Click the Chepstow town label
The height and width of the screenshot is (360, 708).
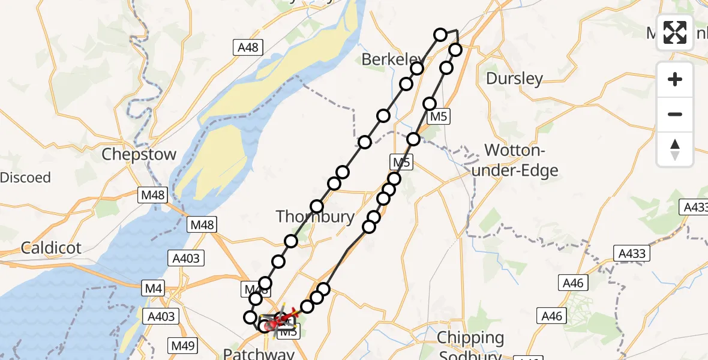pyautogui.click(x=139, y=154)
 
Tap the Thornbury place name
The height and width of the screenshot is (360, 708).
pyautogui.click(x=315, y=217)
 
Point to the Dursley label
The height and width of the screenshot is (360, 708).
pyautogui.click(x=514, y=78)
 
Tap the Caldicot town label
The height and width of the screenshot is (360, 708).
pyautogui.click(x=51, y=247)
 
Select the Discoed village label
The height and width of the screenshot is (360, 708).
pyautogui.click(x=25, y=178)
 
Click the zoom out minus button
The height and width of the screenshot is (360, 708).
pyautogui.click(x=675, y=114)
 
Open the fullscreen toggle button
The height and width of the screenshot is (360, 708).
pyautogui.click(x=675, y=32)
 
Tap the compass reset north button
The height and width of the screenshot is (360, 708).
pyautogui.click(x=675, y=149)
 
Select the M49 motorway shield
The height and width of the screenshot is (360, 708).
pyautogui.click(x=184, y=345)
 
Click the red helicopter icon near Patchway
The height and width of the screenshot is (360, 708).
pyautogui.click(x=274, y=325)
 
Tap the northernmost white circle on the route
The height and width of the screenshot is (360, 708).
pyautogui.click(x=440, y=35)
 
